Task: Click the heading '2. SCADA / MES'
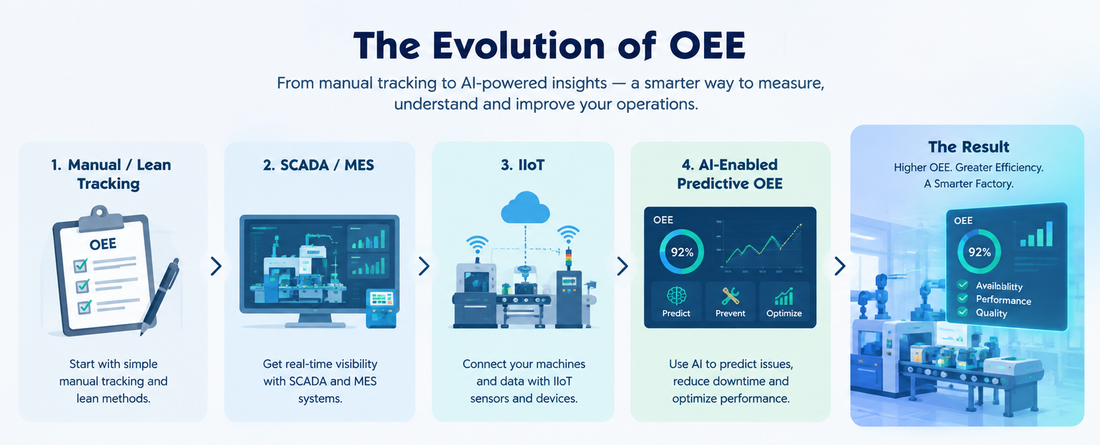click(318, 165)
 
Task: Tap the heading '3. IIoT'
click(522, 165)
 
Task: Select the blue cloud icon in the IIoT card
click(525, 207)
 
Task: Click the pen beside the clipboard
click(161, 296)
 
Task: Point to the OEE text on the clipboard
click(103, 244)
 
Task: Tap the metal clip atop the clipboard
click(100, 216)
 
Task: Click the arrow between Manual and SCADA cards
click(216, 266)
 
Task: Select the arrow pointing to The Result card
click(840, 266)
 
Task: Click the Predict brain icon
click(676, 296)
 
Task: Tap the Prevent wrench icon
click(730, 296)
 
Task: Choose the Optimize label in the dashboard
click(784, 313)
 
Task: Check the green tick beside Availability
click(963, 285)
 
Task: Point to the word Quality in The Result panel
click(991, 312)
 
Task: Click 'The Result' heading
click(968, 147)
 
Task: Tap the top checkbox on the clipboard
click(80, 265)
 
